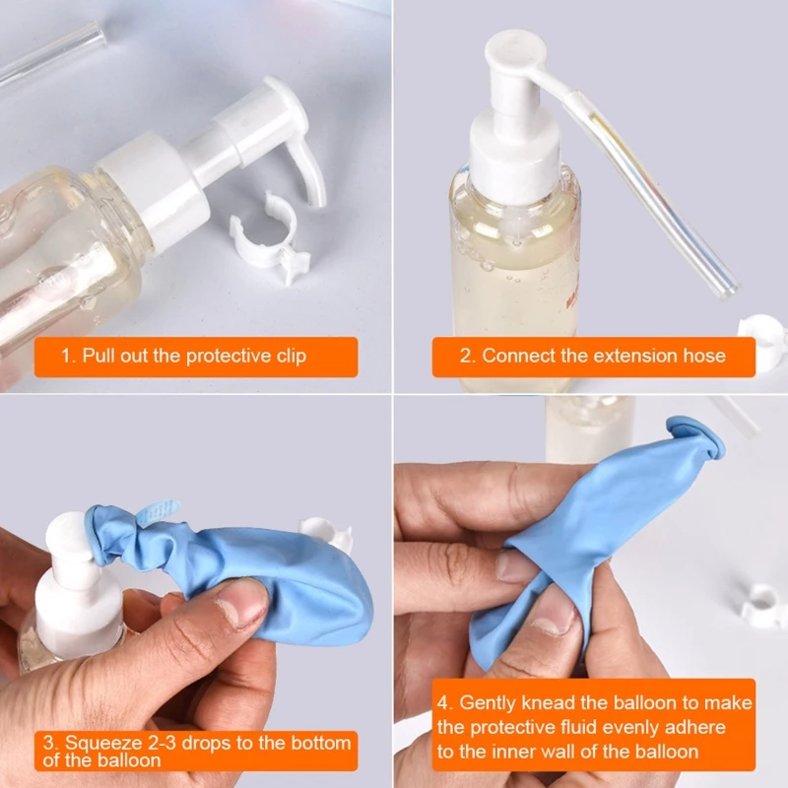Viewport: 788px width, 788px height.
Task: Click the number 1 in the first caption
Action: point(66,356)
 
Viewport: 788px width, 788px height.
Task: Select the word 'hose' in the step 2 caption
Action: point(703,356)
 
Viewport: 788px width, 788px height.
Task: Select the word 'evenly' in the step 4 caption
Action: point(625,728)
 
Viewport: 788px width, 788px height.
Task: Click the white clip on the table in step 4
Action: point(761,603)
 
